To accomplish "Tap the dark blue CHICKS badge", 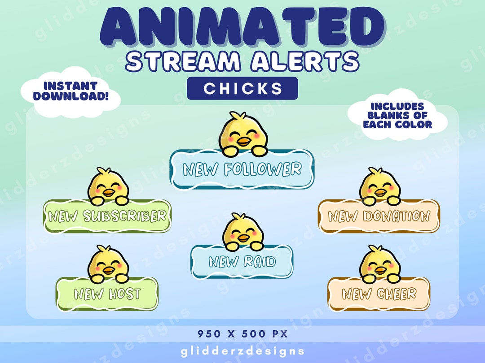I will (x=242, y=88).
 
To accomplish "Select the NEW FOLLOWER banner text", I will (x=242, y=169).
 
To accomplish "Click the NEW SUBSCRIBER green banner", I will (x=107, y=216).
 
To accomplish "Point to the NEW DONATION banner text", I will (x=379, y=216).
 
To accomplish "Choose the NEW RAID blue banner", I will (x=242, y=262).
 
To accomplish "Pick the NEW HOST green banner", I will (x=107, y=294).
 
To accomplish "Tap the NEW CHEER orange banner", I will (x=379, y=294).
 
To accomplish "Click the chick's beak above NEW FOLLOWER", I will (x=244, y=143).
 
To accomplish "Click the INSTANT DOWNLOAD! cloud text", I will (x=71, y=91).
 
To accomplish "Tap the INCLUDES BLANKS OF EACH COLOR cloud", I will (x=397, y=116).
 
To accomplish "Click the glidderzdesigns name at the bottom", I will (x=242, y=351).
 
